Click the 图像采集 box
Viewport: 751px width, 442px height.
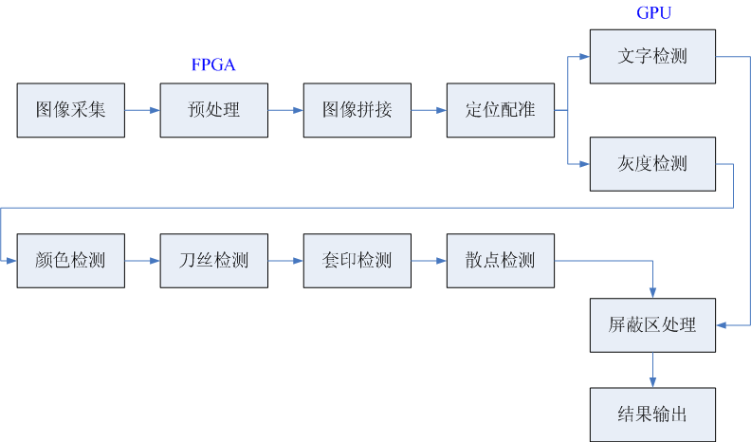tap(71, 110)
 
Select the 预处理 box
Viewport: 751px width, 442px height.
tap(214, 110)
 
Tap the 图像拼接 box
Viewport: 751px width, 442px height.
tap(357, 110)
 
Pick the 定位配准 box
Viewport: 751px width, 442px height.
tap(501, 110)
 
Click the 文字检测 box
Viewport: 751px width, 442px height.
tap(651, 56)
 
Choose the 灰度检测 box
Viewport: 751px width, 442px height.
tap(651, 164)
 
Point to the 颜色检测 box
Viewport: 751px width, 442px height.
tap(71, 260)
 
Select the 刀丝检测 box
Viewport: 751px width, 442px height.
tap(214, 260)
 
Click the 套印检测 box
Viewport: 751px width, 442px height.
tap(357, 260)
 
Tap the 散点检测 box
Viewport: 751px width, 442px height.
tap(501, 260)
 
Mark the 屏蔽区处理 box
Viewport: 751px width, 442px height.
tap(651, 325)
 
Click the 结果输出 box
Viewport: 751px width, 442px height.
tap(651, 414)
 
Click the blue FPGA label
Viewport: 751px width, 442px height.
tap(213, 65)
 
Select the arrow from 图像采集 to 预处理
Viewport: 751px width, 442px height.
tap(142, 110)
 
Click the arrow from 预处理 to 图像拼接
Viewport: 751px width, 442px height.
tap(285, 110)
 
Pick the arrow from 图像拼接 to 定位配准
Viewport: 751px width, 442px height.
tap(429, 110)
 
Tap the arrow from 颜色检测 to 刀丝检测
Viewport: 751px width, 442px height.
tap(142, 260)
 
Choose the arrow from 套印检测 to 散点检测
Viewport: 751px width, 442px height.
tap(429, 260)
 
